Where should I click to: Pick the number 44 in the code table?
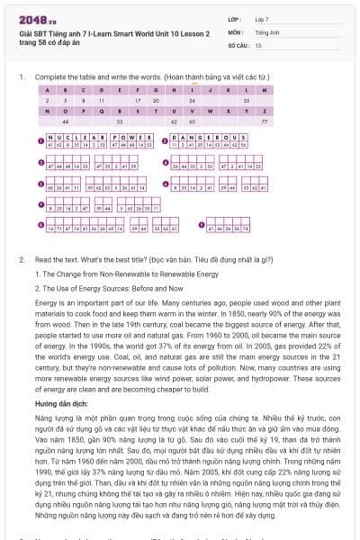pyautogui.click(x=65, y=120)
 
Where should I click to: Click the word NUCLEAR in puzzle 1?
pyautogui.click(x=76, y=136)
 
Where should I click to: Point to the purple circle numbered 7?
pyautogui.click(x=40, y=206)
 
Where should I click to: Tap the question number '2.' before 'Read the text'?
pyautogui.click(x=22, y=259)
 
